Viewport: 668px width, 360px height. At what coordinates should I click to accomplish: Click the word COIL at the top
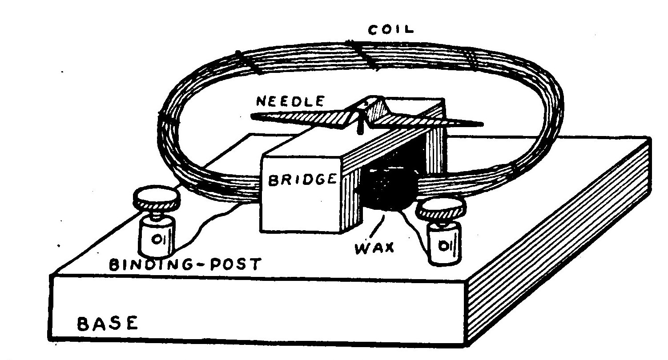391,30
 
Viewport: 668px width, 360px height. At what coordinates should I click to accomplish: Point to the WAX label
374,248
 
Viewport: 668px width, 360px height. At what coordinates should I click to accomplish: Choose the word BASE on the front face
108,323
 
